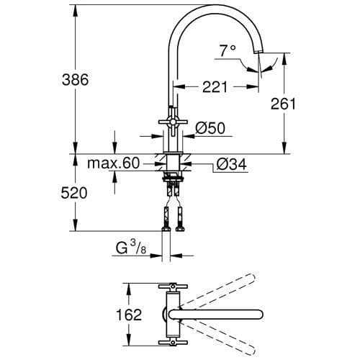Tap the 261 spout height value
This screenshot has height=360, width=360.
(284, 104)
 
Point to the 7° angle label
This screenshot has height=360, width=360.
(228, 50)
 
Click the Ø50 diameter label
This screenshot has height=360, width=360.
(211, 128)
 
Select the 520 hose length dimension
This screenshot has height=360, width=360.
(73, 193)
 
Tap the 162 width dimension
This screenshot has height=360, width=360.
(127, 315)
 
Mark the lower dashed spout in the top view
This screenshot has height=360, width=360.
(230, 338)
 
